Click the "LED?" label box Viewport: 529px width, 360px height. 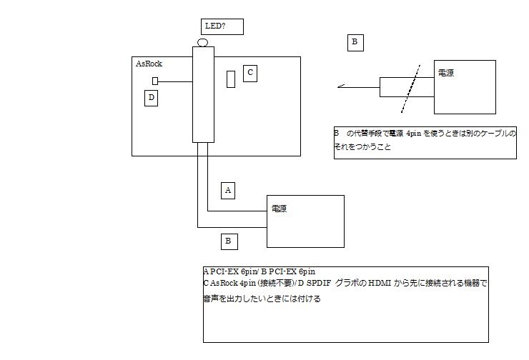click(223, 26)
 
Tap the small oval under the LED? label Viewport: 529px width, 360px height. click(202, 43)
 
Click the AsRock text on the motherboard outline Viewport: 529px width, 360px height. click(149, 64)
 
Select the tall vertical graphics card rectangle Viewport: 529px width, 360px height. click(203, 94)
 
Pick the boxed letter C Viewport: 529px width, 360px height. click(249, 73)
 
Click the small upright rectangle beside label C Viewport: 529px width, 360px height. click(231, 79)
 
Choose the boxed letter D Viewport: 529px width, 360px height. click(151, 98)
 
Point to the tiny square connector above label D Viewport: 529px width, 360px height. click(154, 81)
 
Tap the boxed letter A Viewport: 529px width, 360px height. click(227, 190)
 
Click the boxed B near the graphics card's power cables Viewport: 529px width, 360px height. click(227, 241)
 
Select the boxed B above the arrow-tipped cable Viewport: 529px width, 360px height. click(355, 43)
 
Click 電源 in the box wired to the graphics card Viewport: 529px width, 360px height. click(280, 209)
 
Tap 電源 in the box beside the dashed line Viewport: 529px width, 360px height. click(446, 74)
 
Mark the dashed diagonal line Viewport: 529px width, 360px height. click(410, 86)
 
